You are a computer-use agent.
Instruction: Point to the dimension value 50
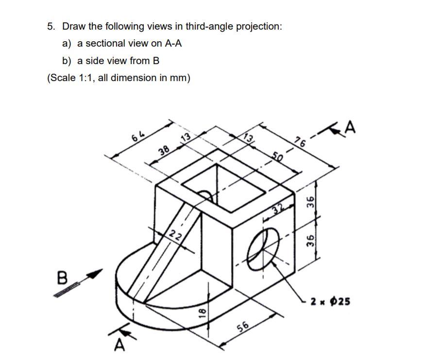(x=277, y=157)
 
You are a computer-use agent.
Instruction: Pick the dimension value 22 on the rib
(x=175, y=236)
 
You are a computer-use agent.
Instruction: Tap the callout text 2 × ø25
(x=332, y=302)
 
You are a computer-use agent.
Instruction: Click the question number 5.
(x=51, y=26)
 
